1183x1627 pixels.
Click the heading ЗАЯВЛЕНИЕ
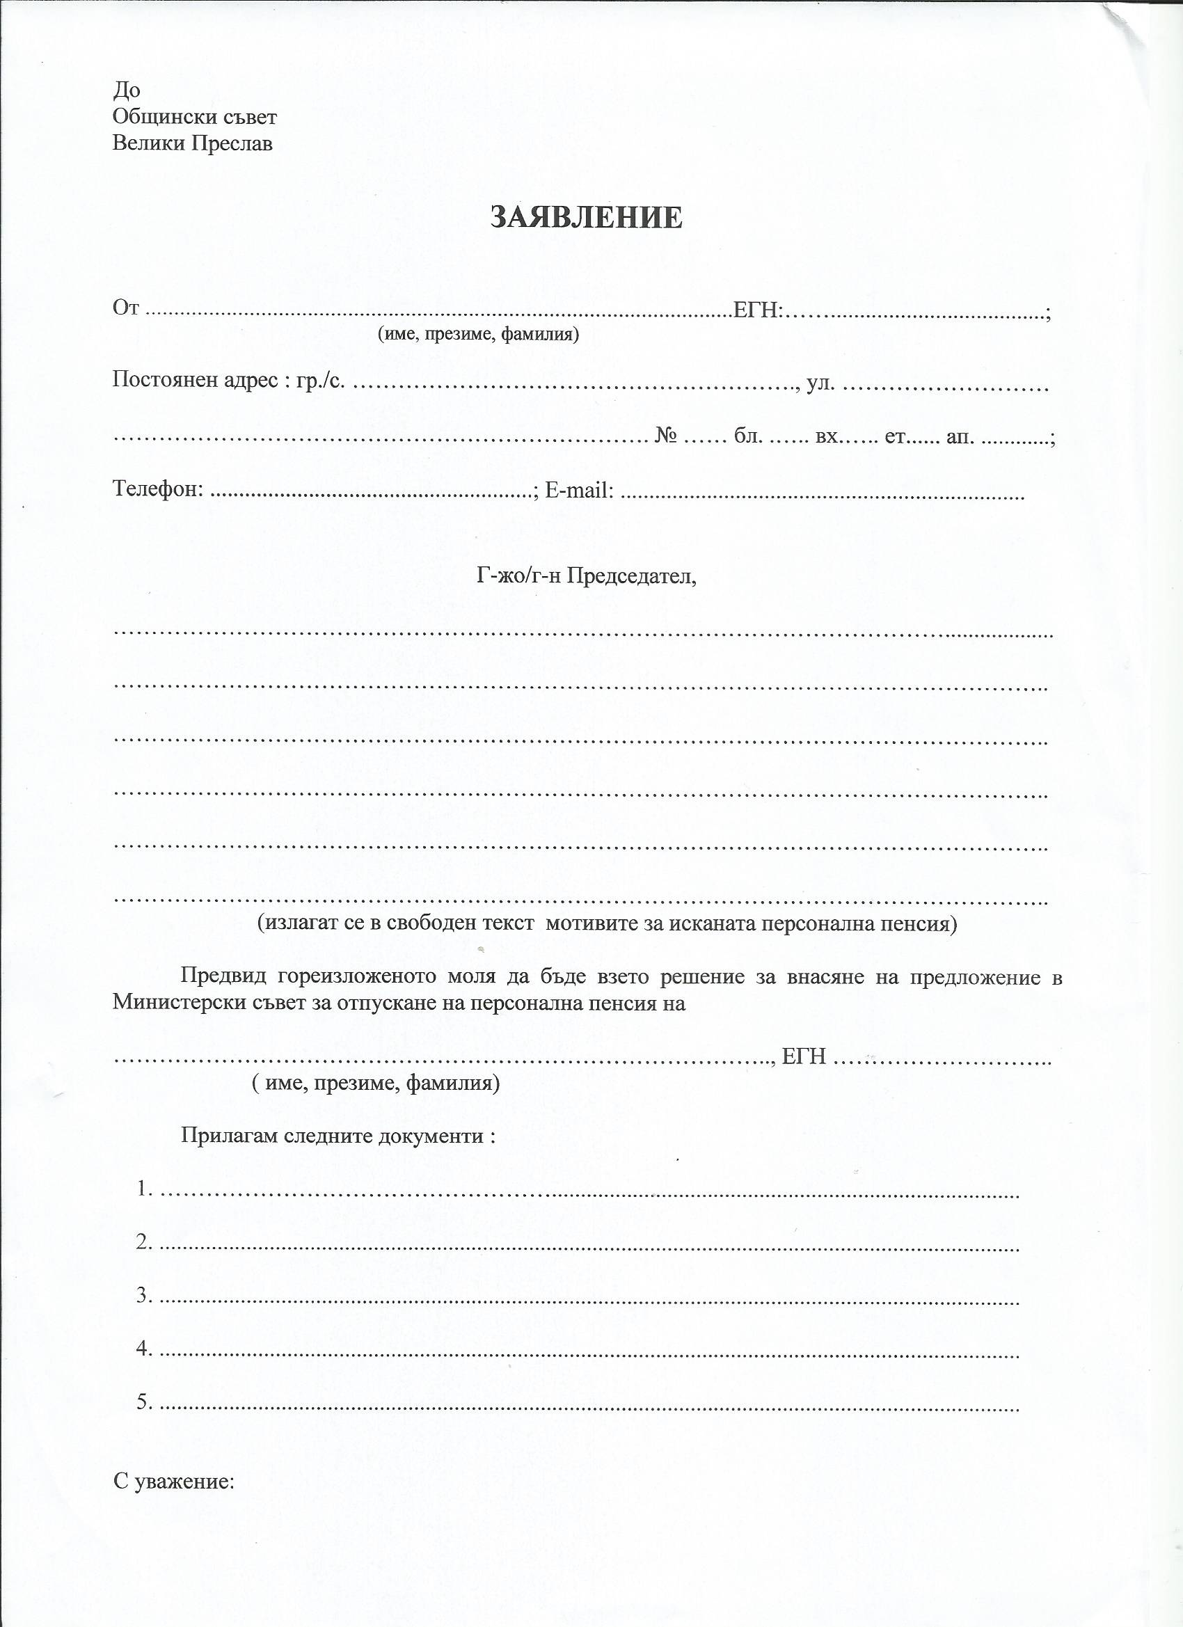pos(585,217)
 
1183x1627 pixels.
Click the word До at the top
pos(126,90)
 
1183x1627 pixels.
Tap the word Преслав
pos(231,144)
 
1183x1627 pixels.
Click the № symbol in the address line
pos(666,436)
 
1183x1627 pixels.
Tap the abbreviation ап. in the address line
pos(960,436)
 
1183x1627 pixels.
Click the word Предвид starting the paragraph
pos(223,977)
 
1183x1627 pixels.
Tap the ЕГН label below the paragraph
pos(804,1056)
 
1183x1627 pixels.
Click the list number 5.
pos(143,1402)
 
